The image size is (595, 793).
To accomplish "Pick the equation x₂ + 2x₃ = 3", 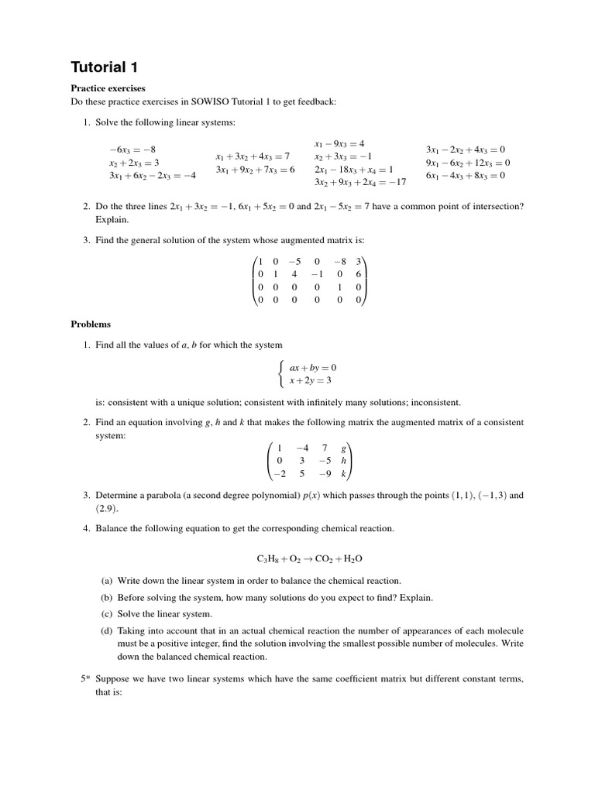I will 134,163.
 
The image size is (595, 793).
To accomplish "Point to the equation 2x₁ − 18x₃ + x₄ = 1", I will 353,169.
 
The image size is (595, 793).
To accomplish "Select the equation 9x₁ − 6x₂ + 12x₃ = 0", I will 468,163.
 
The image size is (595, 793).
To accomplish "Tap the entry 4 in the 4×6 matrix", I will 294,273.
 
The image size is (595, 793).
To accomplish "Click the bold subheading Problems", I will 91,324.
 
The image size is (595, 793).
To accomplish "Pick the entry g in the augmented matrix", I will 343,447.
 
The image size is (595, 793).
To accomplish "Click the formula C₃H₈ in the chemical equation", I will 268,558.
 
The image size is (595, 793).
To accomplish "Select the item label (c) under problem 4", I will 107,613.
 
